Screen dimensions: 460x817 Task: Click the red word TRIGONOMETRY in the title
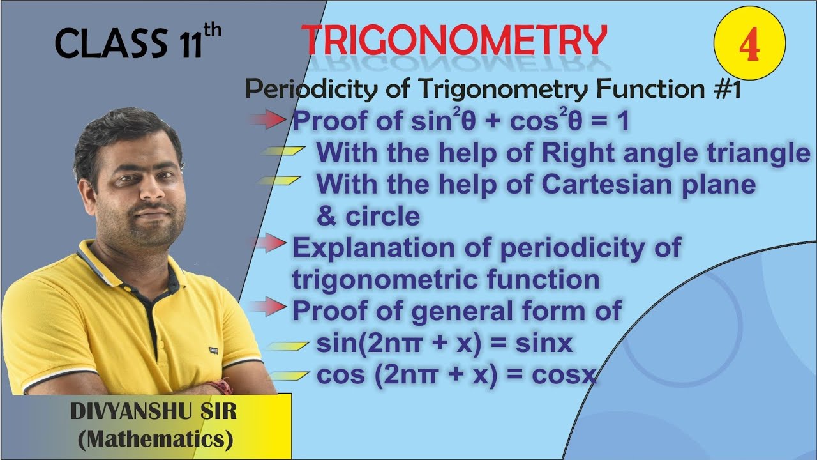(453, 40)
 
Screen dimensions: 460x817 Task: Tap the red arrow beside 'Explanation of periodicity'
(268, 243)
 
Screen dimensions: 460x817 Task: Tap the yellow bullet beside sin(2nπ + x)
(287, 345)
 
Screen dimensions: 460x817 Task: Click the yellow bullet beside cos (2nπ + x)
(287, 375)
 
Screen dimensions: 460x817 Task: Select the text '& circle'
(368, 217)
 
